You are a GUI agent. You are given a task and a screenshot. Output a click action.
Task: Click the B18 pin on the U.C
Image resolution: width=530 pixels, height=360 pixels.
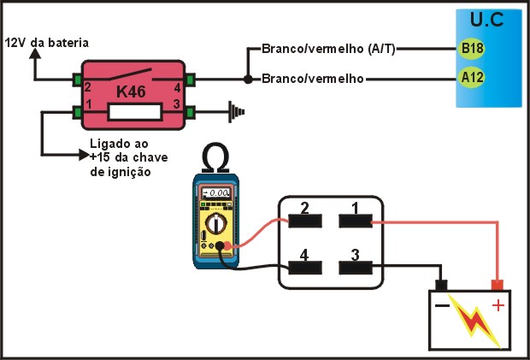pos(471,48)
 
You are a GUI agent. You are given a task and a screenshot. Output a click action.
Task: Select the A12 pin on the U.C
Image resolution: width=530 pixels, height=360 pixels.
pos(471,80)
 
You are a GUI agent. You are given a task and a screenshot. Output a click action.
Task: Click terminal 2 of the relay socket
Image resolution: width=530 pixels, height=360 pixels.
pos(305,219)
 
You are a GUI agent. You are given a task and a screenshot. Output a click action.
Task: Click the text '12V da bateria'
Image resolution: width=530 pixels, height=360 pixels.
pos(47,42)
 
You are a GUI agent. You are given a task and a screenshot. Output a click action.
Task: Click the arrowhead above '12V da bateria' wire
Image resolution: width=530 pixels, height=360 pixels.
pos(35,53)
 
